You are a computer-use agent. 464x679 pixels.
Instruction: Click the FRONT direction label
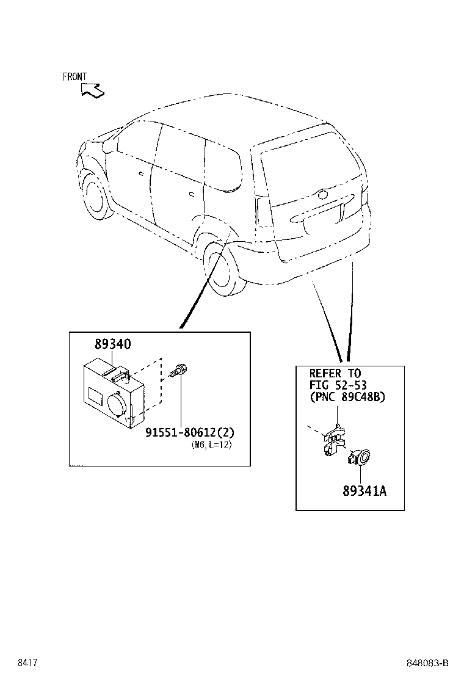[x=74, y=77]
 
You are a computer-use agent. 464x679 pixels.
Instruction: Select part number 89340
[x=112, y=345]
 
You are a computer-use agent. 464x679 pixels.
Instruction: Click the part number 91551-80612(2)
[x=190, y=432]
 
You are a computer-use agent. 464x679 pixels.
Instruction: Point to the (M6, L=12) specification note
[x=211, y=445]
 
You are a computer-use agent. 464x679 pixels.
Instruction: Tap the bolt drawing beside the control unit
[x=179, y=370]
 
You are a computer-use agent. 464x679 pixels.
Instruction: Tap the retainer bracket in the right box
[x=333, y=440]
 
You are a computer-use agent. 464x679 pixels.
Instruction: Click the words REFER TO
[x=335, y=373]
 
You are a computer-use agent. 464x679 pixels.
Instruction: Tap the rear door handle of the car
[x=192, y=194]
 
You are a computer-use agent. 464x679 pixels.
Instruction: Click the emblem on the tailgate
[x=322, y=195]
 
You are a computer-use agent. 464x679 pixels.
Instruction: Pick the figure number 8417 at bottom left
[x=26, y=663]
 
